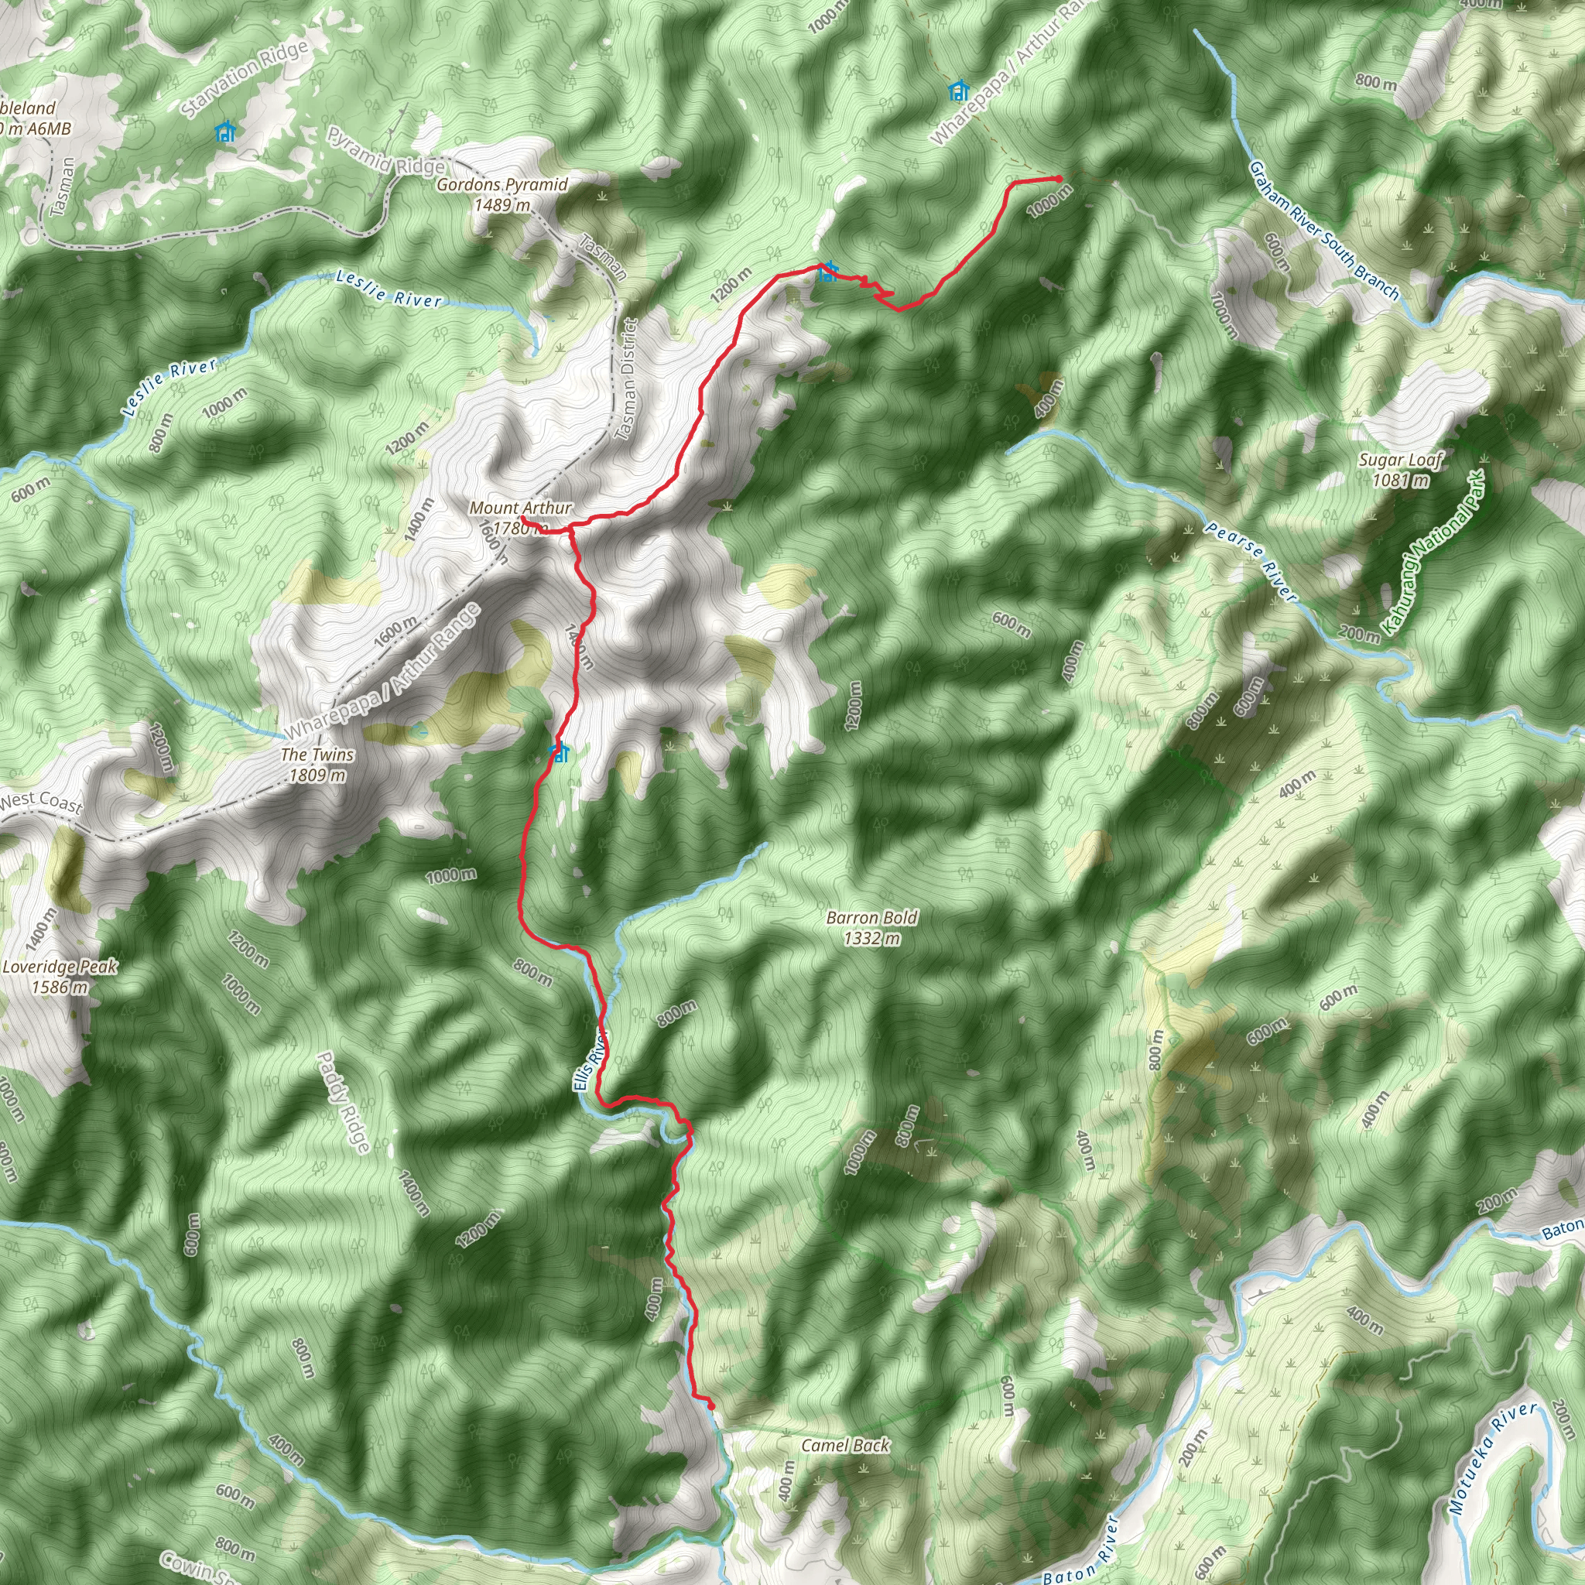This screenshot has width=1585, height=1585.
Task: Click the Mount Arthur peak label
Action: click(x=520, y=518)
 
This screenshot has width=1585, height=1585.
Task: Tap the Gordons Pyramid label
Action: click(x=502, y=193)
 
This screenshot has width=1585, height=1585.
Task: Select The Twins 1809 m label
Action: click(x=317, y=764)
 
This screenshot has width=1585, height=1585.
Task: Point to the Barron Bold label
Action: click(x=871, y=927)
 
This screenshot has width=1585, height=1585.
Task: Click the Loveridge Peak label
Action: click(x=59, y=976)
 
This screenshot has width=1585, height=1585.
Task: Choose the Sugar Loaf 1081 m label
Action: click(x=1400, y=470)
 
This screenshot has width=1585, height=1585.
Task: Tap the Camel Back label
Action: click(x=845, y=1445)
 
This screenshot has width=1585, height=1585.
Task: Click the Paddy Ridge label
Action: click(x=344, y=1101)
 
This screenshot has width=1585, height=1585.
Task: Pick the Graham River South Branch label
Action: click(x=1322, y=229)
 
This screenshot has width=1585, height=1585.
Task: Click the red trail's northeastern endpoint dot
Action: click(x=1058, y=178)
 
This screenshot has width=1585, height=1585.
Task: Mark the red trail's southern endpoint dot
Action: click(x=710, y=1406)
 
